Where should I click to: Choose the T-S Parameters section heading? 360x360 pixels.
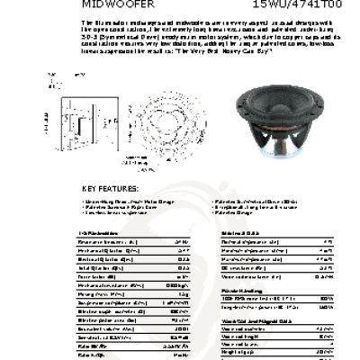coord(94,232)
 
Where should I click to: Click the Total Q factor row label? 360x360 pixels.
coord(98,268)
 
